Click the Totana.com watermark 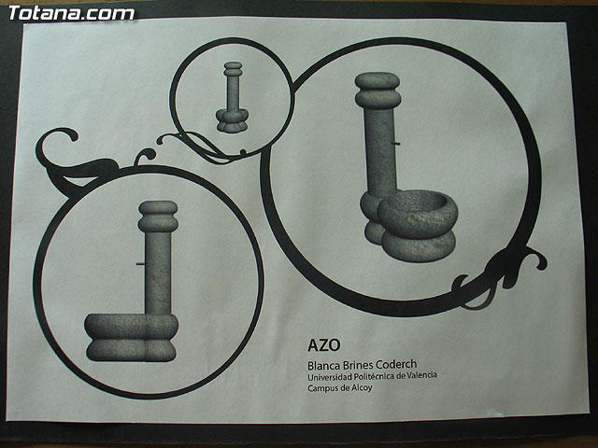point(71,13)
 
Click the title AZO point(324,345)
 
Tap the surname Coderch point(396,364)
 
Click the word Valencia point(421,375)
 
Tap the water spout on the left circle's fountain point(141,263)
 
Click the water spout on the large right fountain point(395,144)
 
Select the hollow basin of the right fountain point(420,214)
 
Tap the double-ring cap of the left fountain point(158,217)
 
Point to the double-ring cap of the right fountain point(377,91)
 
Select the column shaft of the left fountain point(158,273)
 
